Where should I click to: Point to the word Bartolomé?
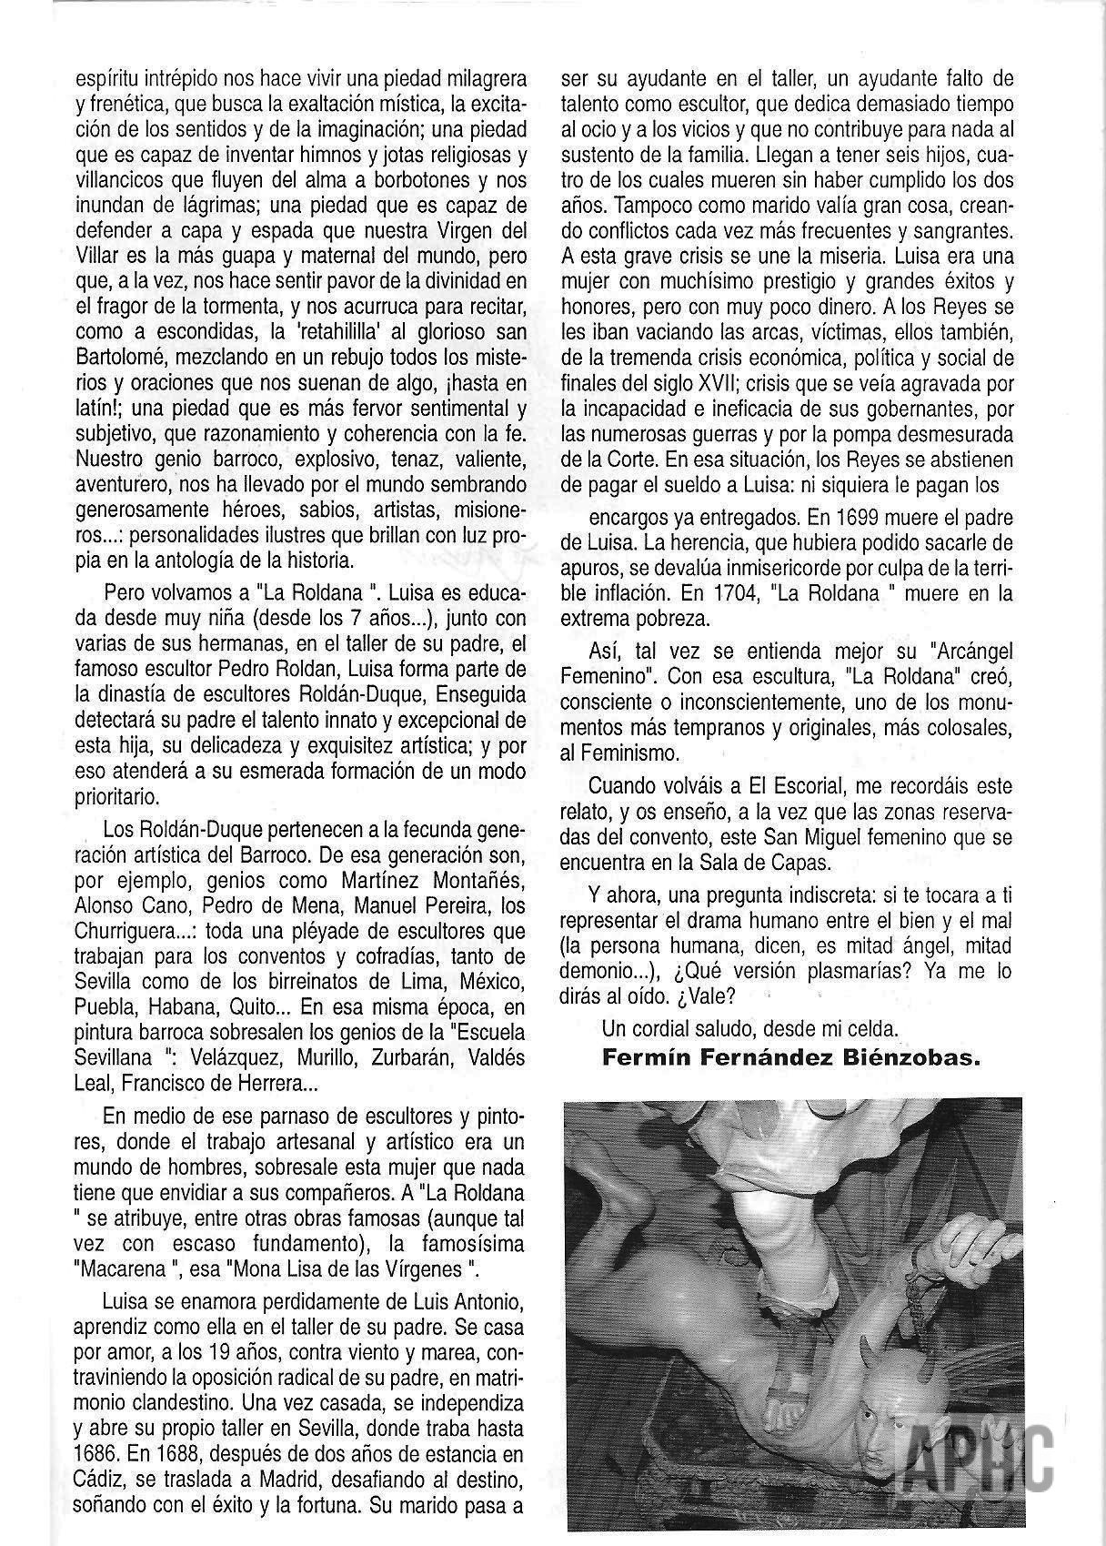[122, 351]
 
